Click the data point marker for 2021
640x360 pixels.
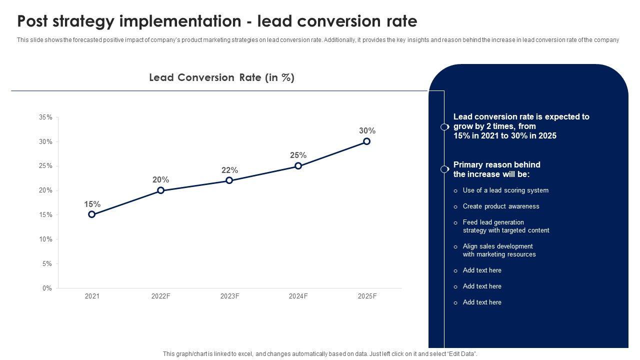coord(92,214)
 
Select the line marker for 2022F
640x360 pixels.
coord(160,190)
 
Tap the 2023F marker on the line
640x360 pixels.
coord(229,180)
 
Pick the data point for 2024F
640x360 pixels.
coord(298,166)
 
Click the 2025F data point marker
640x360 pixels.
coord(367,141)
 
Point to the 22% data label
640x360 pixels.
coord(229,170)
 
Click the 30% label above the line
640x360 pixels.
coord(367,131)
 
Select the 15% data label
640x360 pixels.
coord(92,204)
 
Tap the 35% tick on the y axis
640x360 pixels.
coord(45,117)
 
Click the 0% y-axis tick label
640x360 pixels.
coord(47,288)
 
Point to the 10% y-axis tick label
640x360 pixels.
coord(45,239)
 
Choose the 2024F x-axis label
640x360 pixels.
coord(298,296)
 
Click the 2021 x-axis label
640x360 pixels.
coord(92,296)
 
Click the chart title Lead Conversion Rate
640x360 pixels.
coord(221,77)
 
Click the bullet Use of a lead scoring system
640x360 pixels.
coord(505,190)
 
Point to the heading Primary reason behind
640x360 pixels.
coord(496,164)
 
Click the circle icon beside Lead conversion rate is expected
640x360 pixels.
coord(444,127)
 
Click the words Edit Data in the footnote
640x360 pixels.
coord(460,354)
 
